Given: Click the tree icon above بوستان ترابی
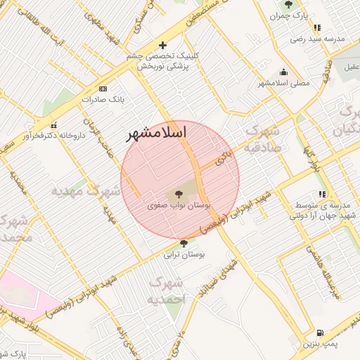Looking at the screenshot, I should [x=184, y=243].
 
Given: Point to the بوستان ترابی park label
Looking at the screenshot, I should [x=184, y=256].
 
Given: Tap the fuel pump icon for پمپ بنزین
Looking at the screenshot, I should [x=320, y=333].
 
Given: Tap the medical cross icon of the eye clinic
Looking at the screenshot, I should [x=163, y=45].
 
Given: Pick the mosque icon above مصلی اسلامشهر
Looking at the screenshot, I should [x=283, y=71].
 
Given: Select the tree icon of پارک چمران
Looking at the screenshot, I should [x=288, y=5].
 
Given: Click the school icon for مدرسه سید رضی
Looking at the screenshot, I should [x=318, y=28].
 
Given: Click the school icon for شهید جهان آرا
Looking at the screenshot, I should [x=321, y=194].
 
